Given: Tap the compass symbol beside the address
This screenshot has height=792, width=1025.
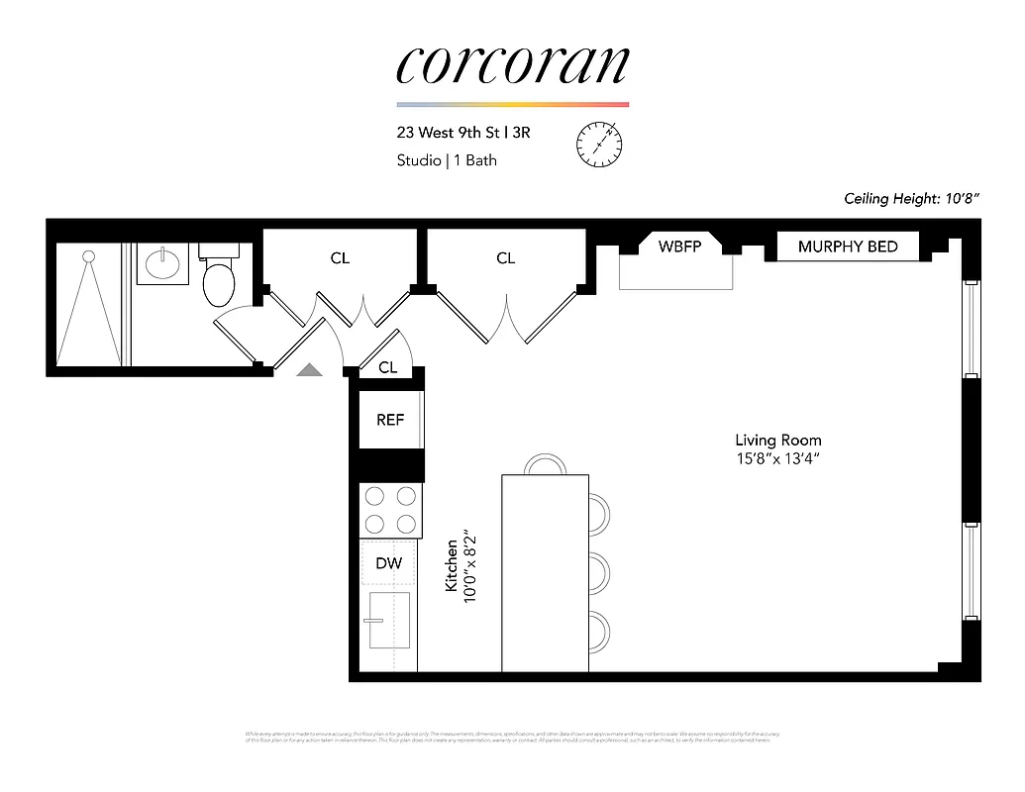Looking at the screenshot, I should pyautogui.click(x=599, y=145).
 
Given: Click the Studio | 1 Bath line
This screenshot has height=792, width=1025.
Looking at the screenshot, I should pyautogui.click(x=447, y=160).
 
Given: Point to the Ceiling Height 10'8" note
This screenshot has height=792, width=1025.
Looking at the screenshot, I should pyautogui.click(x=911, y=198).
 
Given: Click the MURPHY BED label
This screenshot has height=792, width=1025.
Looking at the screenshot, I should pyautogui.click(x=848, y=247).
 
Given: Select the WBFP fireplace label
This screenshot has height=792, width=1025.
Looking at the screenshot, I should pyautogui.click(x=679, y=247).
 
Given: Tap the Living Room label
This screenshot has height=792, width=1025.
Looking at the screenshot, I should pyautogui.click(x=777, y=440).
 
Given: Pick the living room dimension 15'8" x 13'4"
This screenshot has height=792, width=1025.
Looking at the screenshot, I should pyautogui.click(x=777, y=458).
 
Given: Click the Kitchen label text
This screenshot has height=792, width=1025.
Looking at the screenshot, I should pyautogui.click(x=451, y=565).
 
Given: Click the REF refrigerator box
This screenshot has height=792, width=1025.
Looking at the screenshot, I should pyautogui.click(x=390, y=420).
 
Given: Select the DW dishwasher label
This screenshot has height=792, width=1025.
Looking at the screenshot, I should pyautogui.click(x=389, y=563).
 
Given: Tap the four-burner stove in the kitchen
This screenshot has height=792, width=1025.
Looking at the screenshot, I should pyautogui.click(x=390, y=510).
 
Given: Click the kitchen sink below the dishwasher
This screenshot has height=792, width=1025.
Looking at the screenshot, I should pyautogui.click(x=389, y=619).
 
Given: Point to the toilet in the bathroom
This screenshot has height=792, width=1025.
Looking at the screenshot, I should pyautogui.click(x=219, y=278).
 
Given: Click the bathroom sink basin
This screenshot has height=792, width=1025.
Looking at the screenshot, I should pyautogui.click(x=162, y=263).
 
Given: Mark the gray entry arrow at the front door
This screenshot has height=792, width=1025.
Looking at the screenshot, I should pyautogui.click(x=310, y=369).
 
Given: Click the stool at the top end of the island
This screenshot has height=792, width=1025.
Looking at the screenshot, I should pyautogui.click(x=544, y=464).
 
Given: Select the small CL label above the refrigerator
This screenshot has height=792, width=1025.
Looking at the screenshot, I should pyautogui.click(x=388, y=367).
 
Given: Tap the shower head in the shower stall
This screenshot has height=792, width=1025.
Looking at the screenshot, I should pyautogui.click(x=88, y=256).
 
